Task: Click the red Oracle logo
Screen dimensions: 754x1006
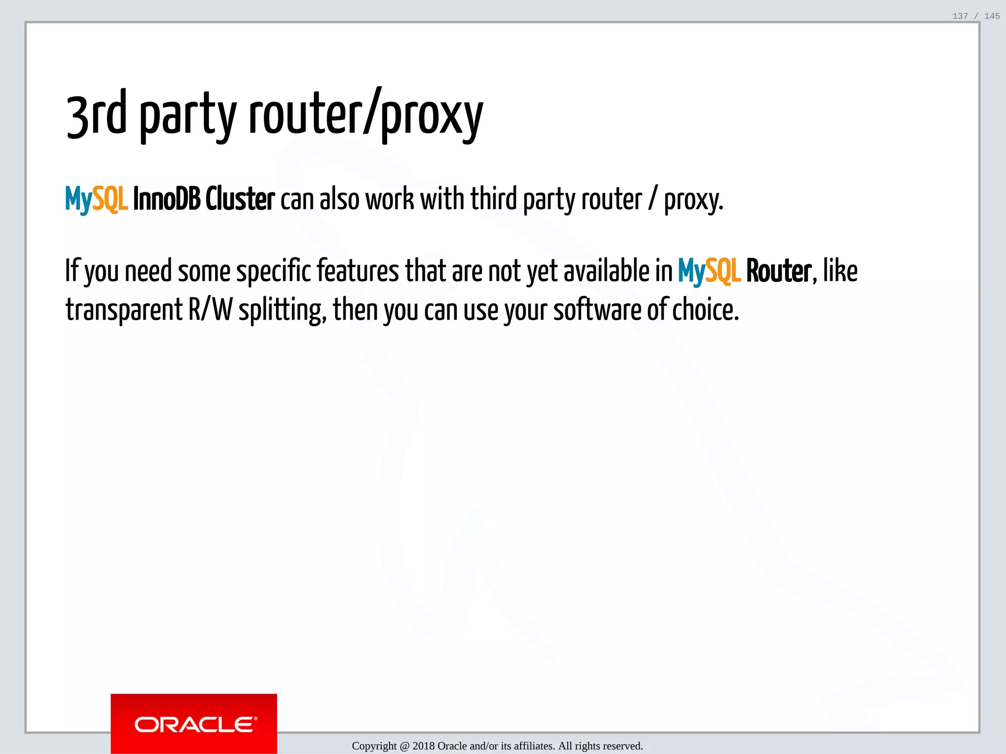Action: click(x=194, y=724)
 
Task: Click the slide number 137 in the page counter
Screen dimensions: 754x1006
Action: click(x=960, y=16)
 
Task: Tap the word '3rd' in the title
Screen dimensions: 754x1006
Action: click(x=96, y=115)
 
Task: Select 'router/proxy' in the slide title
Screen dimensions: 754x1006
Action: click(x=366, y=115)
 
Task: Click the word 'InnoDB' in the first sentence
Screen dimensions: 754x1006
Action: click(x=167, y=199)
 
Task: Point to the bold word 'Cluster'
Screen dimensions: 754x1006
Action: click(x=240, y=199)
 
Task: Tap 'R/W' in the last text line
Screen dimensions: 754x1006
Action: click(x=210, y=310)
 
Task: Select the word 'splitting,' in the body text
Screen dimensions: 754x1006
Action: click(x=282, y=311)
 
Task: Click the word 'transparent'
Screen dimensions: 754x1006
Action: click(x=124, y=311)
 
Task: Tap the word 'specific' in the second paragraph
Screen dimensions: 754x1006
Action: click(x=274, y=272)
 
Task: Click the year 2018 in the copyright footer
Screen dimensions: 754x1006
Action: click(x=423, y=746)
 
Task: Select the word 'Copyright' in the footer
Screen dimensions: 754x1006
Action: click(x=374, y=747)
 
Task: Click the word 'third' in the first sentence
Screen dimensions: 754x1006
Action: click(x=494, y=199)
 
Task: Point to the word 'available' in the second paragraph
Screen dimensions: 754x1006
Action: click(x=606, y=271)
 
